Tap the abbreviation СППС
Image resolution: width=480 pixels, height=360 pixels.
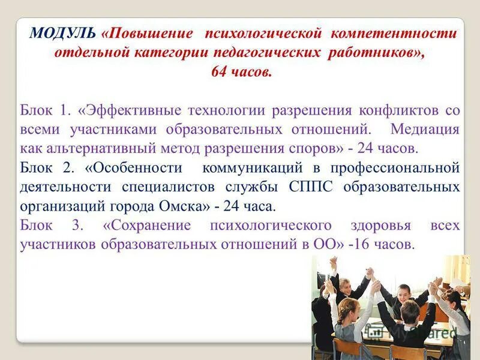point(317,187)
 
